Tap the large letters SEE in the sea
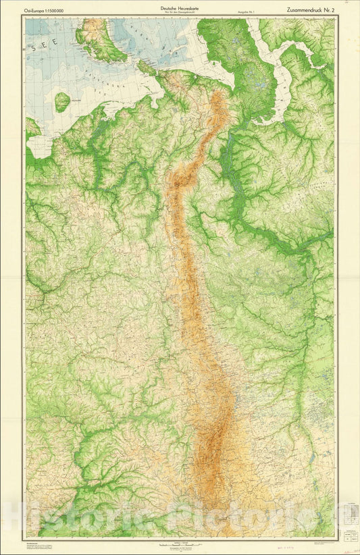coord(45,49)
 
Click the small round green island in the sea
coord(62,101)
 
